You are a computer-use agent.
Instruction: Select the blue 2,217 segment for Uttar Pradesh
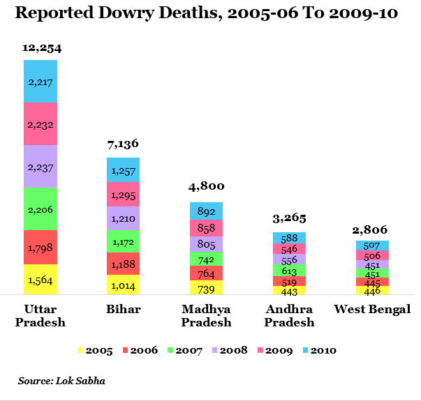(40, 82)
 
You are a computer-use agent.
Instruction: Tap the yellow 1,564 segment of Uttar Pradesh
(40, 280)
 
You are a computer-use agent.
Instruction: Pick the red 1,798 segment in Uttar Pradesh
(40, 248)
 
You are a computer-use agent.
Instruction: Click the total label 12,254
(40, 48)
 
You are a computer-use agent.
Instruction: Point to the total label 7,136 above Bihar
(123, 144)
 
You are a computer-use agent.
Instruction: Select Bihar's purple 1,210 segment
(123, 218)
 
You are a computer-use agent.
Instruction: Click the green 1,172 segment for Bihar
(123, 241)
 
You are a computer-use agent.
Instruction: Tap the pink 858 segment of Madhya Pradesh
(206, 228)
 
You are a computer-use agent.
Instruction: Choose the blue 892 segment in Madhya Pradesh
(206, 211)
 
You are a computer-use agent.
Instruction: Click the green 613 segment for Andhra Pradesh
(289, 271)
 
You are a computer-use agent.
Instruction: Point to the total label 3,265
(289, 218)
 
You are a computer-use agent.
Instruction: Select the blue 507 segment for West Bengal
(372, 245)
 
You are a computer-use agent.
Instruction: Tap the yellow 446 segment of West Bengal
(372, 290)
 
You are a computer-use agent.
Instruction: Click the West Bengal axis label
(372, 310)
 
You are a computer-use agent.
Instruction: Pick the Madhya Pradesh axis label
(206, 315)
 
